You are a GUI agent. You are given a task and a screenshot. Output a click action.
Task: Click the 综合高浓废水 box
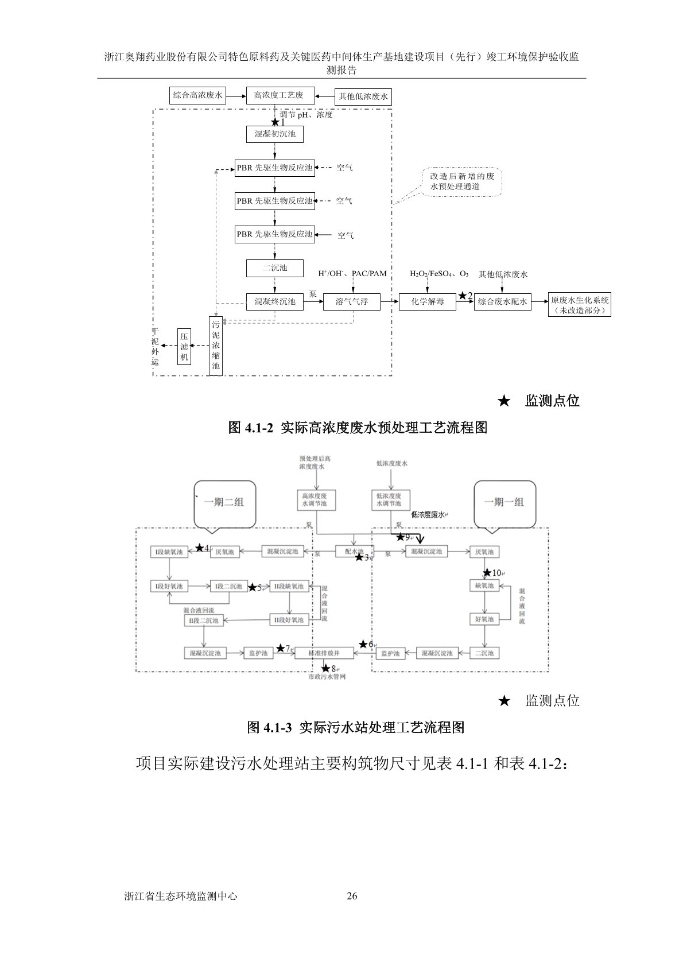point(198,95)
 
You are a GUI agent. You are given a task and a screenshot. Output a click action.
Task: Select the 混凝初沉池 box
point(275,134)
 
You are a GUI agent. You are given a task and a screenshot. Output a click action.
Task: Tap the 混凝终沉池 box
point(275,301)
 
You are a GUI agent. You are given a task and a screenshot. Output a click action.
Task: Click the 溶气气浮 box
point(352,301)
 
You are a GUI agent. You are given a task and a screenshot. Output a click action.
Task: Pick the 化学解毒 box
point(428,301)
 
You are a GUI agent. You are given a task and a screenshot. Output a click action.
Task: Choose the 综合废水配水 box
point(503,301)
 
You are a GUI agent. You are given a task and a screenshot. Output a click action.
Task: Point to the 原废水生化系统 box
point(580,305)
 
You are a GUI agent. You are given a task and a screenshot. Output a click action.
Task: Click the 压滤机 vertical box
point(184,346)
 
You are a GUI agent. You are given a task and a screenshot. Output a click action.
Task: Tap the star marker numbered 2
point(463,296)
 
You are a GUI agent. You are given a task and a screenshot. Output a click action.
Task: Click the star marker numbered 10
point(488,572)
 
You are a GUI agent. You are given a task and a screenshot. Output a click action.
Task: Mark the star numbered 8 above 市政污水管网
point(326,668)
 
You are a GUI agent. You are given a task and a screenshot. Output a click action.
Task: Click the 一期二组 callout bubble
point(224,503)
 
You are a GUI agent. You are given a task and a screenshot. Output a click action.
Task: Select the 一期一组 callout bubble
point(504,503)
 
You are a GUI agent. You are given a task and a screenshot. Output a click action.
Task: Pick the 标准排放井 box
point(324,653)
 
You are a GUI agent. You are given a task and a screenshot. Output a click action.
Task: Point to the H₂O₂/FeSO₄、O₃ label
point(439,274)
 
